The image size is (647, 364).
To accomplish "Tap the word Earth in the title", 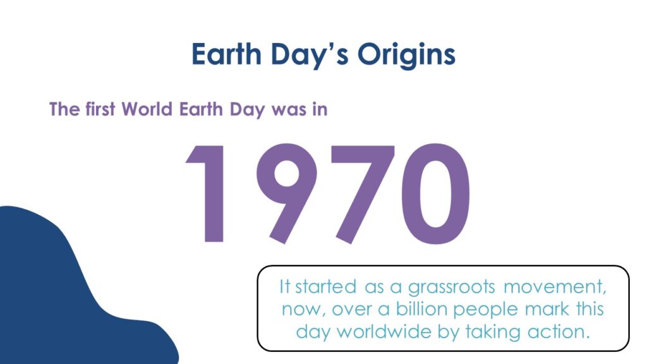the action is click(227, 54).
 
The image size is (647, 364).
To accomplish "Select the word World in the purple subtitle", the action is click(147, 109).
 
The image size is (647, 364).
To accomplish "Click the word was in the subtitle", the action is click(288, 110).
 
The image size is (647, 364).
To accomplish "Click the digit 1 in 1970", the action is click(208, 193).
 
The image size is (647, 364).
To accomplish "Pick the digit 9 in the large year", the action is click(286, 193).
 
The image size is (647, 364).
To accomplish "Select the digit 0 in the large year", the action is click(436, 193).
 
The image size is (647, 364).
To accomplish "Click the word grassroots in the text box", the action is click(451, 288).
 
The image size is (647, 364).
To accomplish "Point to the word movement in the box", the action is click(555, 288).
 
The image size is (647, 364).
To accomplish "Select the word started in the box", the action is click(325, 287).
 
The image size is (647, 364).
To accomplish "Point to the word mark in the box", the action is click(547, 309).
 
